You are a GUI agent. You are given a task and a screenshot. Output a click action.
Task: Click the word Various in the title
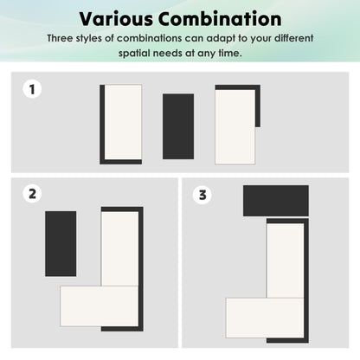116,19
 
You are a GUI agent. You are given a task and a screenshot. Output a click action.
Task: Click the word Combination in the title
220,19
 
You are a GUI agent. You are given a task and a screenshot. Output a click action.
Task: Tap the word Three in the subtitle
60,38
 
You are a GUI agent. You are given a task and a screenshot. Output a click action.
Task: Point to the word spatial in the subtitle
134,53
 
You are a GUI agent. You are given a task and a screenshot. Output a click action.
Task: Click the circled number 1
32,89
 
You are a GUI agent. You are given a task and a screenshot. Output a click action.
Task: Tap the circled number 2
32,194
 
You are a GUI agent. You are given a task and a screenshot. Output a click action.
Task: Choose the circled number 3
202,195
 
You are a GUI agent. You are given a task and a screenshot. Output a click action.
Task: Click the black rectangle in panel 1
178,126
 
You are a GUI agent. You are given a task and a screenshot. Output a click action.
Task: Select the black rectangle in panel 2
61,244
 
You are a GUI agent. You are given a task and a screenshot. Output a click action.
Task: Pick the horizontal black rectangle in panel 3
276,201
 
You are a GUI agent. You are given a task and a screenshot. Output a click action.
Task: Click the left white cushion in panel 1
123,122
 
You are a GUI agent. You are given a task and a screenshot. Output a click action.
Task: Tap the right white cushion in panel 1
235,127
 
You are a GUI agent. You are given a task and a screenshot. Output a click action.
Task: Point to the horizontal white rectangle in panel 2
99,306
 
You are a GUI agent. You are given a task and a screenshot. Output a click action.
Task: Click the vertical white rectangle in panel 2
119,248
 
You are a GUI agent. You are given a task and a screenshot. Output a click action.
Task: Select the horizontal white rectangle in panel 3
265,318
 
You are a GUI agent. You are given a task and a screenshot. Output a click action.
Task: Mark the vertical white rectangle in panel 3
286,260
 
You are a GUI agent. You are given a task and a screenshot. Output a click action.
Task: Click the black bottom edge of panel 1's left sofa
121,162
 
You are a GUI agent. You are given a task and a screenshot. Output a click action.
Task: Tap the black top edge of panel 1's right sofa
238,87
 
